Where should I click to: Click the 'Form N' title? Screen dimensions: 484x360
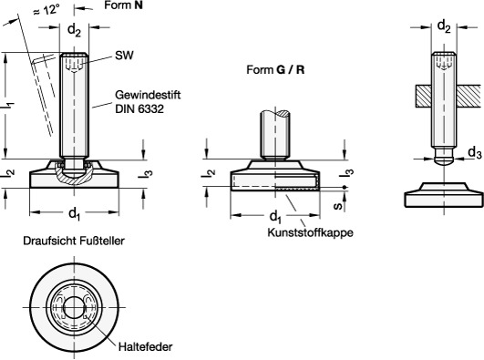[x=123, y=5]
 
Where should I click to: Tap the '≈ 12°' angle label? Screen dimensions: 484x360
[x=46, y=11]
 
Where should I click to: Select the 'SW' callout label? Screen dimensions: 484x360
[x=124, y=56]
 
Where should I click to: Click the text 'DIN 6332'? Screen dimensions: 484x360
[x=139, y=109]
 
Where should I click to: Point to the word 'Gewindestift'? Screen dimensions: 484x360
[x=148, y=95]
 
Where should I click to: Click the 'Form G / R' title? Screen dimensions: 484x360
[x=275, y=70]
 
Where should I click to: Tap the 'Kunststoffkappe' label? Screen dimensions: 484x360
[x=310, y=232]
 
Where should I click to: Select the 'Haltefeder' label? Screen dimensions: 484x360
[x=146, y=346]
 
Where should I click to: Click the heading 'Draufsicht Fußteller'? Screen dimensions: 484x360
[x=74, y=241]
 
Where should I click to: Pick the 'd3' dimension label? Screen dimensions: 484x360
[x=475, y=153]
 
